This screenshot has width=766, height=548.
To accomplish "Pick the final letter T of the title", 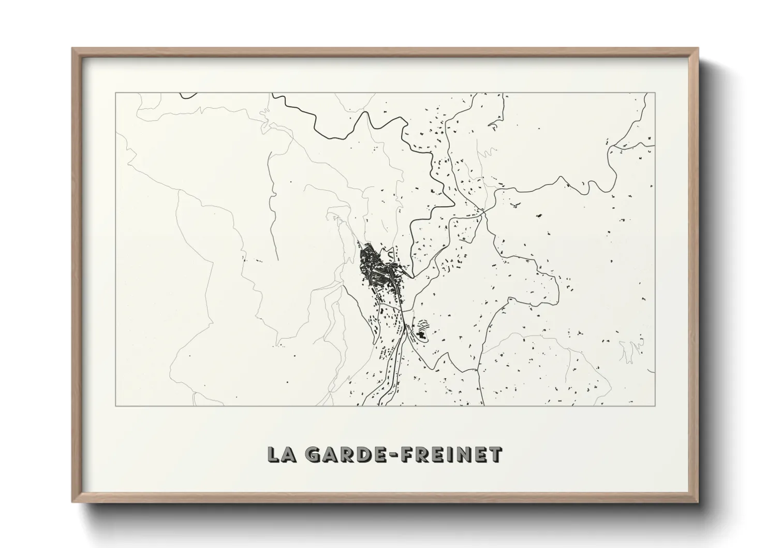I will coord(495,454).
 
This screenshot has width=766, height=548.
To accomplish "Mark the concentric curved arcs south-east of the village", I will coord(423,325).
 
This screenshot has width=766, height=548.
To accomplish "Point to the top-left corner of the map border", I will coord(115,93).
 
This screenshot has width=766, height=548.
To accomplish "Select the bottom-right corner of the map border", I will coord(655,406).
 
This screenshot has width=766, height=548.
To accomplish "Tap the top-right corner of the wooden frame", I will coord(699,48).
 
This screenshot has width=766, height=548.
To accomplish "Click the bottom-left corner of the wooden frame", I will coord(72,502).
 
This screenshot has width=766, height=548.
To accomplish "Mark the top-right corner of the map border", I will coord(655,93).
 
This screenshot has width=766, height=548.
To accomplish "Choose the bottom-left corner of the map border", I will coord(115,406).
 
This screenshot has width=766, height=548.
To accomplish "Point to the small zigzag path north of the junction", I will coord(487,153).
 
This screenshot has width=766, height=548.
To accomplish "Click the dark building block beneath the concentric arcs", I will coord(422,336).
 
